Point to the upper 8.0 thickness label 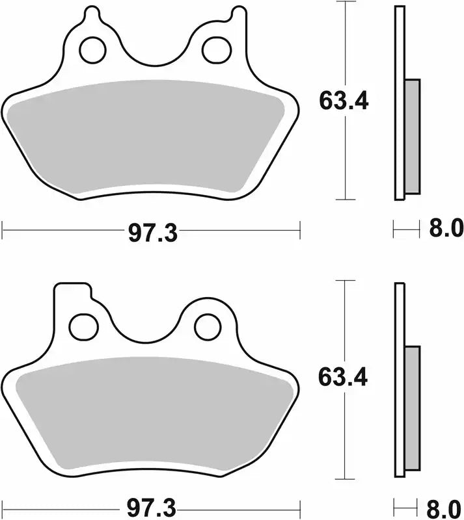[x=444, y=229]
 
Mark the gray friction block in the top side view [x=412, y=136]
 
